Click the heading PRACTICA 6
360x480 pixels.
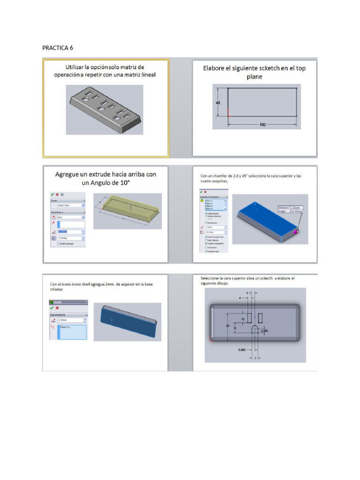57,48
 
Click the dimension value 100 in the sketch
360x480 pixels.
262,125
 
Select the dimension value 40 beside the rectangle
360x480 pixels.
218,102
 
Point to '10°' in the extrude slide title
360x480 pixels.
123,183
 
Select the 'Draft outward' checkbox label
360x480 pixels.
67,244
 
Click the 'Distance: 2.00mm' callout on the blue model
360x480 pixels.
290,207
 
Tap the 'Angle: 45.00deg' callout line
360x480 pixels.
290,211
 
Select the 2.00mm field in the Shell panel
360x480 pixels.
70,320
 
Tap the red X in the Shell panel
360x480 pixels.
57,308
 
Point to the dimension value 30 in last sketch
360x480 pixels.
228,325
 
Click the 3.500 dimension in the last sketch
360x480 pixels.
241,349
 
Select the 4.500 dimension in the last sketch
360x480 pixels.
264,330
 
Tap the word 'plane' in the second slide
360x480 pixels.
255,77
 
